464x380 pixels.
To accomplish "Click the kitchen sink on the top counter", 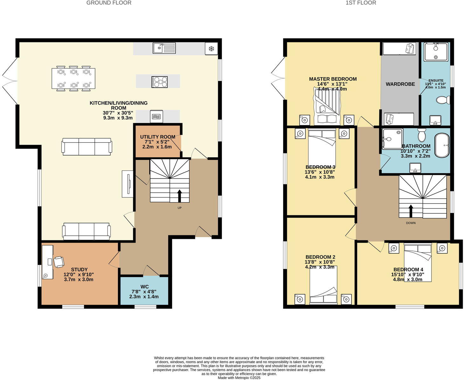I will [x=164, y=48].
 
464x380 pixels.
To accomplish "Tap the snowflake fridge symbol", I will [x=211, y=49].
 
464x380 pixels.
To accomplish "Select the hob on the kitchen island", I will [x=160, y=82].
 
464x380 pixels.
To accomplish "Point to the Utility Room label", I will [x=157, y=137].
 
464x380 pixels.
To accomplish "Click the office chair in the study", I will [x=59, y=262].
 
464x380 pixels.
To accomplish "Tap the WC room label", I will [x=144, y=287].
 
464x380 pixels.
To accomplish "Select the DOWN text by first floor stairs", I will [x=411, y=223].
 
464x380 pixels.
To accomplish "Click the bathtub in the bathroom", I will [x=442, y=145].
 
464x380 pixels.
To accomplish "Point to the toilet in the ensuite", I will [x=443, y=100].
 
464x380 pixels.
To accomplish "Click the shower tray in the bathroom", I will [x=392, y=139].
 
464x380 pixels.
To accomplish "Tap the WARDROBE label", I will [x=400, y=84].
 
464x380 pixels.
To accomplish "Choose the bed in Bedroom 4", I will [x=418, y=262].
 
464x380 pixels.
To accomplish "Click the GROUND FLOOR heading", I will [x=109, y=3].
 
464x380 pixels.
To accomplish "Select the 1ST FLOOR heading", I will [x=361, y=3].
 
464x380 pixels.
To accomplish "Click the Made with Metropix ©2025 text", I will [x=239, y=378].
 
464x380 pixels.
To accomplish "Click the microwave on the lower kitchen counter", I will [x=156, y=117].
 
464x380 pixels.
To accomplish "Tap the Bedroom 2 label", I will [x=320, y=257].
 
